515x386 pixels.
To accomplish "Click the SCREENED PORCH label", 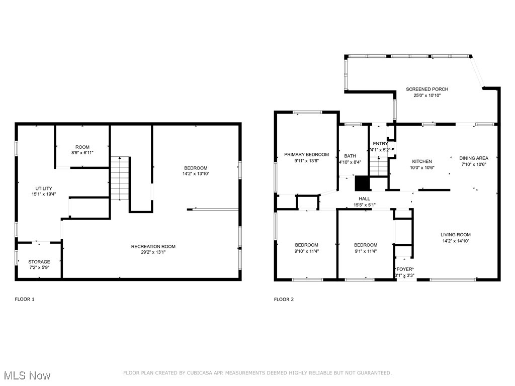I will pos(427,89).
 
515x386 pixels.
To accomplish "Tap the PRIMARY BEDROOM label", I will pos(306,155).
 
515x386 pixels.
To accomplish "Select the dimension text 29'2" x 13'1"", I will pos(153,253).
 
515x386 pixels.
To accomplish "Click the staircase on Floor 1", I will pos(120,178).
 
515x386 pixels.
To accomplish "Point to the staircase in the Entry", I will pos(380,165).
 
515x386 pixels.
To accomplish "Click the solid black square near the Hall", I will pos(362,183).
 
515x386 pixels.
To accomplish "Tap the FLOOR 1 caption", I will pos(25,300).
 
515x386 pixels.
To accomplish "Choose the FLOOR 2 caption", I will pos(284,300).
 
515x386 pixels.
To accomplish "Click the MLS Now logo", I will pos(26,375).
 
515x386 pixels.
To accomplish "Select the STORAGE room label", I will pos(39,262).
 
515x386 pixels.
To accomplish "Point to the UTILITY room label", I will pos(43,188).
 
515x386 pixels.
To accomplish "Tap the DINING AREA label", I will pos(474,158).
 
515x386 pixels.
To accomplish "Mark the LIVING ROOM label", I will pos(456,235).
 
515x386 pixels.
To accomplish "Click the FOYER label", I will pos(405,269).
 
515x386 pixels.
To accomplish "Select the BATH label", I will pos(350,156).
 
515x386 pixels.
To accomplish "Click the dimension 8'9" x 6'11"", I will pos(82,153).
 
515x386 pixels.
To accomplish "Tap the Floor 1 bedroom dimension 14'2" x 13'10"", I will pos(196,174).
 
